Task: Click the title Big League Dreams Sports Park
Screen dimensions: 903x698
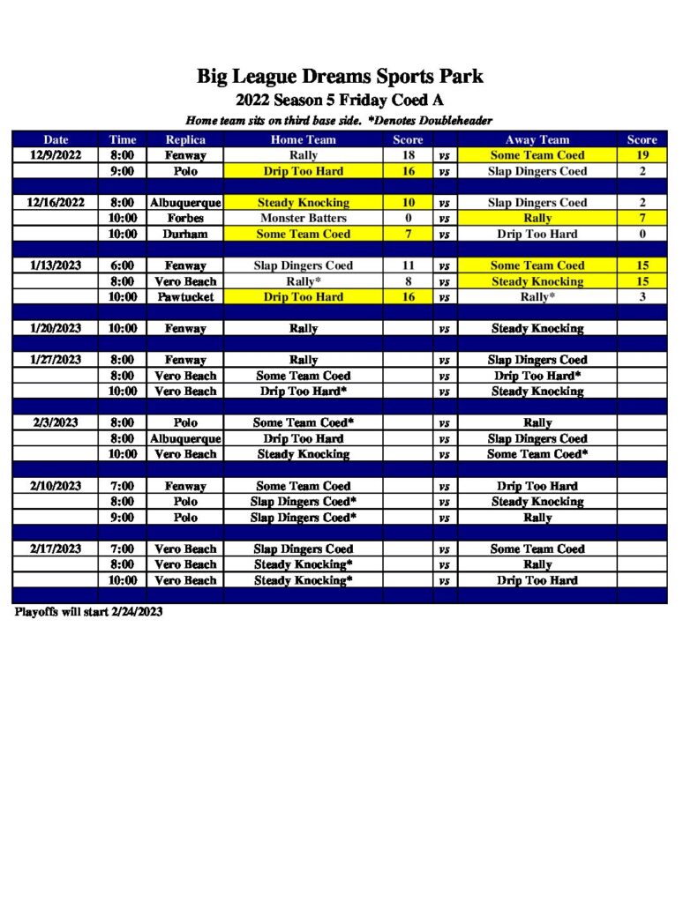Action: click(x=340, y=77)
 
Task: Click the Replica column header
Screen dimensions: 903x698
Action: click(x=185, y=139)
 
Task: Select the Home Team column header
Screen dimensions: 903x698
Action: click(x=303, y=139)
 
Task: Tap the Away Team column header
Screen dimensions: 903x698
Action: click(x=537, y=139)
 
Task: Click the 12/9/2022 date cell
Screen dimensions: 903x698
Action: click(x=56, y=155)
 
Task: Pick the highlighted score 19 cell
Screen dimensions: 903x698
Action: click(x=642, y=155)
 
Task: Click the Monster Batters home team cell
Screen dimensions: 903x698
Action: click(x=303, y=218)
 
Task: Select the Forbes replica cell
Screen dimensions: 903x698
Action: click(x=185, y=218)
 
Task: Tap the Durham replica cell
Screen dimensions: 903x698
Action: click(x=185, y=234)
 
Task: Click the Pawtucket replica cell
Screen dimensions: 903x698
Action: click(x=185, y=297)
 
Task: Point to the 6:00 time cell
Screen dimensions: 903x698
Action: click(x=123, y=265)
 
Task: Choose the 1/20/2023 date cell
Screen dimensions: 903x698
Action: click(x=56, y=328)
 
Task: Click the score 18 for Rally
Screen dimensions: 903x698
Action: click(x=408, y=155)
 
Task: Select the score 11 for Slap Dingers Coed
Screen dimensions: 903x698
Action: click(x=408, y=265)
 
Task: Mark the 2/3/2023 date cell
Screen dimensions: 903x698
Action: click(x=56, y=422)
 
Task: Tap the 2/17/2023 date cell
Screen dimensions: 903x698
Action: click(x=56, y=549)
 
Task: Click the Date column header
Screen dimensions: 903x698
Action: click(x=56, y=139)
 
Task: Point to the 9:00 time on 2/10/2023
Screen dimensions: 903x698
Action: click(x=123, y=518)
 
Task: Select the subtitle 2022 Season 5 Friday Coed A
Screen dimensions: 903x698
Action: click(x=340, y=101)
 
